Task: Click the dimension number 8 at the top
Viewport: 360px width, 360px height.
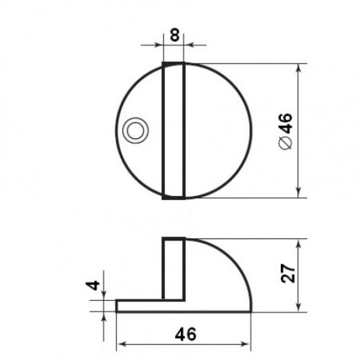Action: pos(174,35)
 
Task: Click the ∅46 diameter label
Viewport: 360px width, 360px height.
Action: pos(286,131)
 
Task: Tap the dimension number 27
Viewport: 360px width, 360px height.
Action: pos(288,274)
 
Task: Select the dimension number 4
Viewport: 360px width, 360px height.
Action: pos(93,285)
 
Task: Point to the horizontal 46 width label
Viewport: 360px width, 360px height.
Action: pos(186,334)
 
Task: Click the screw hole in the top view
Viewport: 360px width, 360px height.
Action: pos(135,130)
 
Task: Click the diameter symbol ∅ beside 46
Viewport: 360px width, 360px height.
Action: pos(286,143)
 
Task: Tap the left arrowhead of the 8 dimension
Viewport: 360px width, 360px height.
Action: pos(159,45)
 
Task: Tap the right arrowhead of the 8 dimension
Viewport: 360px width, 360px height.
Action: pos(188,45)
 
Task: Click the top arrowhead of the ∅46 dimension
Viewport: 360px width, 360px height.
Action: pos(298,68)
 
